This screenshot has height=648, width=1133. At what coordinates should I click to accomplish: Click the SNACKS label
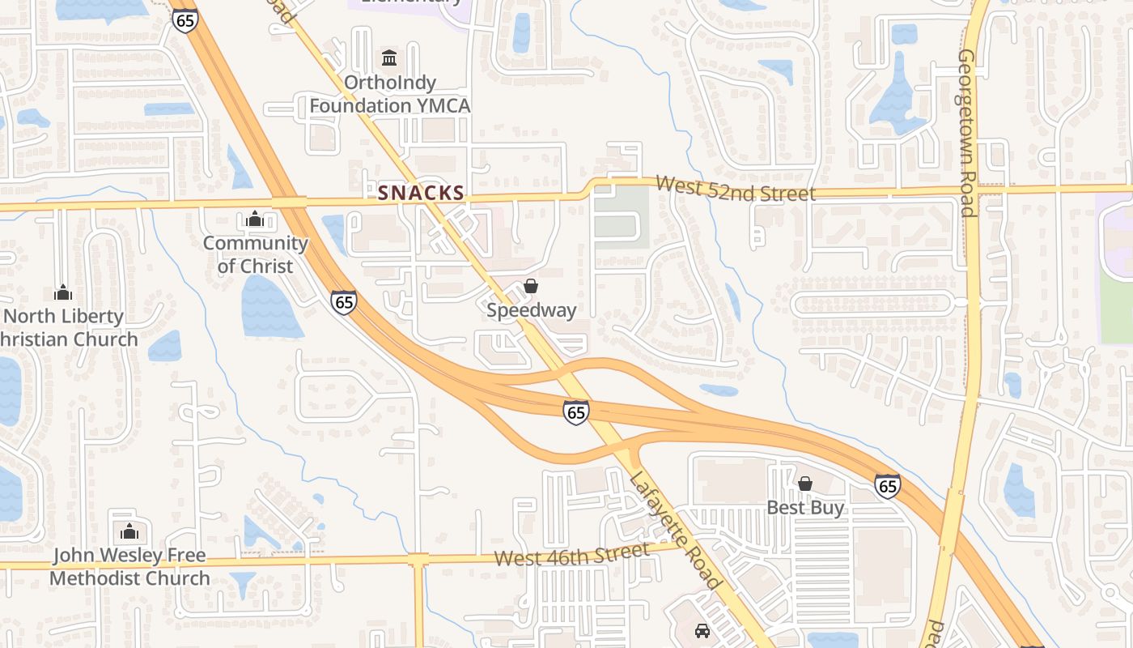coord(421,193)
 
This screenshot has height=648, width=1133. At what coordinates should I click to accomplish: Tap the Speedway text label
coord(532,310)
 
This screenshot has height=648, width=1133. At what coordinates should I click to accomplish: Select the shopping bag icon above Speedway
coord(531,286)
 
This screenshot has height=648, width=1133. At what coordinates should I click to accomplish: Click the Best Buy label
coord(805,508)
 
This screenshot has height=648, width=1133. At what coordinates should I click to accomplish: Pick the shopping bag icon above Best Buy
coord(805,484)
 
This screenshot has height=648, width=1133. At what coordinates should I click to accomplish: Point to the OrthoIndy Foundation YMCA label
coord(389,94)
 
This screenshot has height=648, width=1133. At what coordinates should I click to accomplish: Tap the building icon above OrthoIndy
coord(389,58)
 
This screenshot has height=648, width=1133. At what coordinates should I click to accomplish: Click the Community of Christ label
coord(255,254)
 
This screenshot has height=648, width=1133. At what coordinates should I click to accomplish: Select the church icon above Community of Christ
coord(255,219)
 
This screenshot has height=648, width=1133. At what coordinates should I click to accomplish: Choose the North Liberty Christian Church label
coord(70,327)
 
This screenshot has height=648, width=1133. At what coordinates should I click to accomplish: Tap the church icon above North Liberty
coord(63,292)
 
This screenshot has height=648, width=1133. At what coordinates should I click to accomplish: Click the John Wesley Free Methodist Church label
coord(129,567)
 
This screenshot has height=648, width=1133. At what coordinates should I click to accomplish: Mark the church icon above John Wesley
coord(129,532)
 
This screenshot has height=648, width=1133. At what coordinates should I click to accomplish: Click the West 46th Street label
coord(571,556)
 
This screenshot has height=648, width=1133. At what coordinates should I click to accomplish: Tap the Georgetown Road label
coord(966,133)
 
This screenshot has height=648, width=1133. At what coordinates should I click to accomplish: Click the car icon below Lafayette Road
coord(702,630)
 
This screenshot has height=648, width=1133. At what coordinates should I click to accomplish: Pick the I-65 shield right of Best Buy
coord(888,486)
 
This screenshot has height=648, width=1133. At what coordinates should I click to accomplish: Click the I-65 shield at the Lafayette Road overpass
coord(575,412)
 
